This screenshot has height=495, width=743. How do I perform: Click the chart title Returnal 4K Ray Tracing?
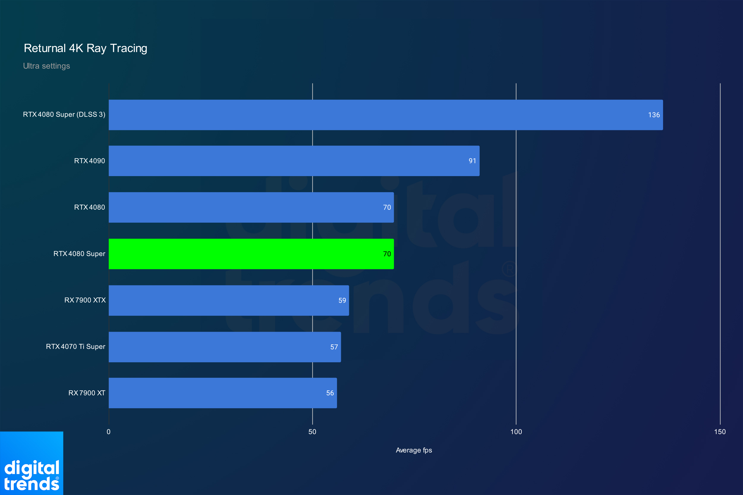pyautogui.click(x=85, y=48)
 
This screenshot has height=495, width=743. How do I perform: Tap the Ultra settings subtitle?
pyautogui.click(x=46, y=66)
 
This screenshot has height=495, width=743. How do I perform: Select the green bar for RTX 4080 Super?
pyautogui.click(x=251, y=254)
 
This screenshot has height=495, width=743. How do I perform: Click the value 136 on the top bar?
pyautogui.click(x=654, y=115)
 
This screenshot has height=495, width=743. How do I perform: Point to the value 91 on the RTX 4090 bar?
pyautogui.click(x=472, y=161)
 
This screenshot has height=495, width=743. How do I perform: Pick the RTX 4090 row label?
pyautogui.click(x=89, y=161)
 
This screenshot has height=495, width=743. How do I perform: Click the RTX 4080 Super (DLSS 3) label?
pyautogui.click(x=64, y=114)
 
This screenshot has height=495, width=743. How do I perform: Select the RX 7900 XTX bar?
pyautogui.click(x=229, y=301)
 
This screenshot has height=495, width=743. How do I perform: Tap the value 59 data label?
pyautogui.click(x=342, y=301)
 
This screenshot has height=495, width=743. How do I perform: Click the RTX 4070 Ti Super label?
pyautogui.click(x=75, y=346)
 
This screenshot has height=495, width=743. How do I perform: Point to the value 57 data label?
pyautogui.click(x=334, y=347)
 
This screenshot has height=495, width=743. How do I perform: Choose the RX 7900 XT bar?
pyautogui.click(x=223, y=393)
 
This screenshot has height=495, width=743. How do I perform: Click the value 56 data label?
pyautogui.click(x=330, y=393)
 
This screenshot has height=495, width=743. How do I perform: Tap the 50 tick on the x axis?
pyautogui.click(x=312, y=432)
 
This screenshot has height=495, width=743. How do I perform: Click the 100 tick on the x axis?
pyautogui.click(x=516, y=432)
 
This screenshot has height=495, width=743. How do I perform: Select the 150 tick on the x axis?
pyautogui.click(x=720, y=432)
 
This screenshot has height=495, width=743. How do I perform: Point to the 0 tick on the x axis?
pyautogui.click(x=109, y=432)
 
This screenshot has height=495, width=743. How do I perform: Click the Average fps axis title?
pyautogui.click(x=414, y=450)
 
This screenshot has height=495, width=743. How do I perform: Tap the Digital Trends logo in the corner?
pyautogui.click(x=32, y=463)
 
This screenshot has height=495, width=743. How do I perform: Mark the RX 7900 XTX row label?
pyautogui.click(x=85, y=300)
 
